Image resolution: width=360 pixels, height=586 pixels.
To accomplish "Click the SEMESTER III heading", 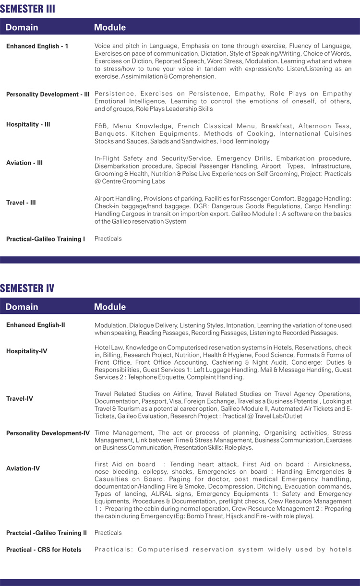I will pyautogui.click(x=27, y=9).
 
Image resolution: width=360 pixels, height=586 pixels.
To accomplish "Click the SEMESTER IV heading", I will pyautogui.click(x=27, y=288).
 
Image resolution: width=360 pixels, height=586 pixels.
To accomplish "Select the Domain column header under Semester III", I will pyautogui.click(x=22, y=27).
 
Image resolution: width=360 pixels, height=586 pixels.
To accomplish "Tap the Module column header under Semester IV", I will pyautogui.click(x=110, y=307).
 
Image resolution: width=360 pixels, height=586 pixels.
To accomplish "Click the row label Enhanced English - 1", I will pyautogui.click(x=37, y=46).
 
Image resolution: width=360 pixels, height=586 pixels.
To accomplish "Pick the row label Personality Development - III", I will pyautogui.click(x=48, y=95).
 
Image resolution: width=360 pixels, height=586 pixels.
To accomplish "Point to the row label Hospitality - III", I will pyautogui.click(x=28, y=124).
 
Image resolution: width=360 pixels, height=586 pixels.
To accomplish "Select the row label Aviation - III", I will pyautogui.click(x=24, y=163).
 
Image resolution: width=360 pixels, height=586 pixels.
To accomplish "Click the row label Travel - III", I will pyautogui.click(x=21, y=203).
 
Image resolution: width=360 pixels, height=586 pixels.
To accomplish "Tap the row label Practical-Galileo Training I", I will pyautogui.click(x=46, y=239).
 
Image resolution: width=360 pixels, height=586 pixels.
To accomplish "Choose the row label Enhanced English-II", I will pyautogui.click(x=36, y=325).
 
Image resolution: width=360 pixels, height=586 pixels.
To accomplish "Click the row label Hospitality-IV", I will pyautogui.click(x=27, y=351).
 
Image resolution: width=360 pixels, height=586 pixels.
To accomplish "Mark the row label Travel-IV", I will pyautogui.click(x=20, y=398).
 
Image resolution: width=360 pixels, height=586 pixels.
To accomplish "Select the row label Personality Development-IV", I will pyautogui.click(x=48, y=433).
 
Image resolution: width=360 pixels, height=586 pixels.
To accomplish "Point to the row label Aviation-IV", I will pyautogui.click(x=23, y=468).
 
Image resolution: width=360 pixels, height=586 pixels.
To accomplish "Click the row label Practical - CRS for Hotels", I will pyautogui.click(x=44, y=550).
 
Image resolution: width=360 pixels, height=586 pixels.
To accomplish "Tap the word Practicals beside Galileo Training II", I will pyautogui.click(x=108, y=533).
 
